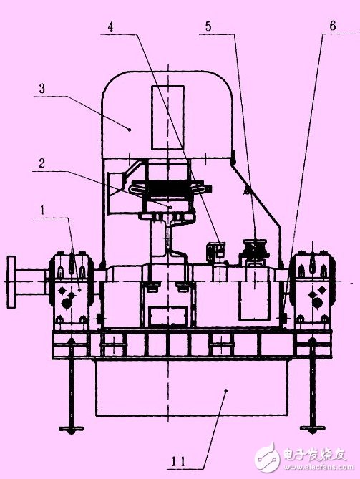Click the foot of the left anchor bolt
coord(70,429)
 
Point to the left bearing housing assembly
coord(72,286)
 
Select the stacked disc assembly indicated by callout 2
coord(170,192)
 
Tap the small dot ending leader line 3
coord(130,129)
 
